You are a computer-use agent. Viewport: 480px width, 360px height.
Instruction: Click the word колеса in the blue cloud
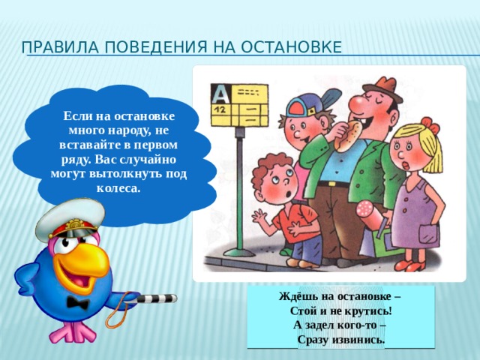pyautogui.click(x=118, y=188)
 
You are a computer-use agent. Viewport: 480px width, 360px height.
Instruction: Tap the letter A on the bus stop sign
pyautogui.click(x=220, y=94)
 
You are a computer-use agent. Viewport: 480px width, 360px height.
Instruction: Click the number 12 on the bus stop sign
pyautogui.click(x=219, y=109)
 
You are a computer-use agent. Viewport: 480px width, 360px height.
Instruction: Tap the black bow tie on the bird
pyautogui.click(x=78, y=302)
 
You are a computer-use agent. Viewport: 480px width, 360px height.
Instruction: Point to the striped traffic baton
pyautogui.click(x=153, y=298)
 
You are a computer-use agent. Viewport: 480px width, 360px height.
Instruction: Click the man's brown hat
pyautogui.click(x=383, y=87)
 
